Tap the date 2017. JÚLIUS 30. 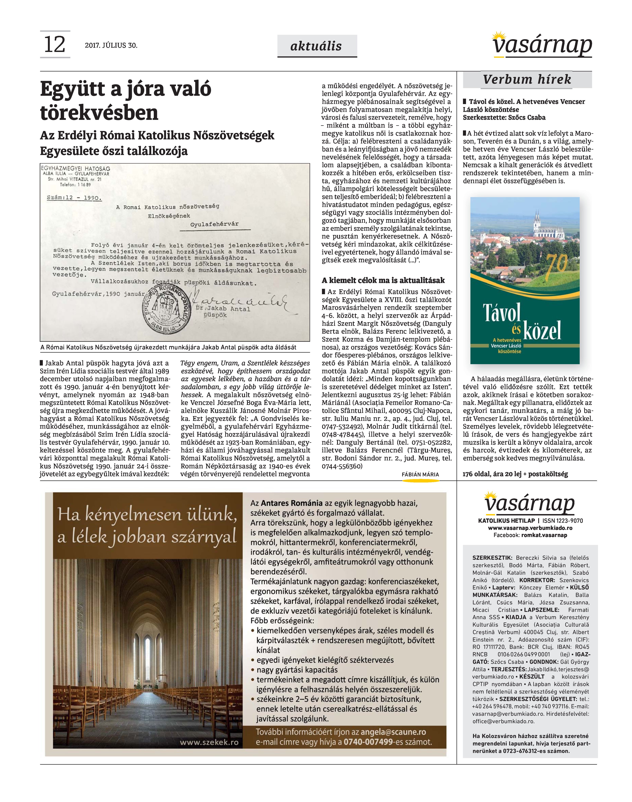(x=111, y=46)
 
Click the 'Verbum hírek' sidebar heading (x=527, y=79)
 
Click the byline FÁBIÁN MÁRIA (x=420, y=474)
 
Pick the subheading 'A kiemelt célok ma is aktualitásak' (x=383, y=280)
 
